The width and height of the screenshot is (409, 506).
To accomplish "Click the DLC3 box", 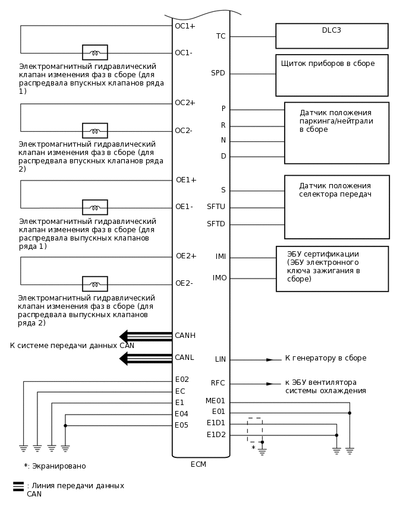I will click(x=332, y=36).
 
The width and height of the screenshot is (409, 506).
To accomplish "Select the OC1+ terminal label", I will click(x=185, y=26).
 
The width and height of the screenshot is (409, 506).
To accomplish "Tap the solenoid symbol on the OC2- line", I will click(x=95, y=131).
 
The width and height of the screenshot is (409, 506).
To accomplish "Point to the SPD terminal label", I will click(x=218, y=73).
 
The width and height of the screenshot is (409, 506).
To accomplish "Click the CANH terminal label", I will click(x=185, y=336).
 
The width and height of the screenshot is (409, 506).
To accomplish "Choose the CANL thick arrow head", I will click(x=124, y=358).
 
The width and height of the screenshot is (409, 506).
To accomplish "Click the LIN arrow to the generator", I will click(x=270, y=359).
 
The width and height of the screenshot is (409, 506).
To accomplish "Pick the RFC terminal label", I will click(x=218, y=383).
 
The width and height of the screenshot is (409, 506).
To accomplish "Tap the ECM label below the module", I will click(x=199, y=464).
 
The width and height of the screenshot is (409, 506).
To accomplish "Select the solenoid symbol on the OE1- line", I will click(x=95, y=207).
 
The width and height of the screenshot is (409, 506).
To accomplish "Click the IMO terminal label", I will click(x=219, y=278).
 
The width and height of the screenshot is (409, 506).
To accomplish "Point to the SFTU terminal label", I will click(x=216, y=207).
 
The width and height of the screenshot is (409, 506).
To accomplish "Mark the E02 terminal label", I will click(x=182, y=379).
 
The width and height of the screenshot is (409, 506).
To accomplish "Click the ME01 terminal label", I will click(x=215, y=401).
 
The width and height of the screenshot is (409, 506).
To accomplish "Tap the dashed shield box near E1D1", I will click(x=255, y=429).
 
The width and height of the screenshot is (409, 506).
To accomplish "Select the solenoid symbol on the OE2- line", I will click(x=95, y=284).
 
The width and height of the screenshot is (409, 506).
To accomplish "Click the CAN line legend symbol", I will click(x=18, y=486).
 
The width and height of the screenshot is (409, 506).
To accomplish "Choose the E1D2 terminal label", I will click(x=216, y=435).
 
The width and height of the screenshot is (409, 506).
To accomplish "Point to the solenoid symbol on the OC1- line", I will click(x=95, y=52).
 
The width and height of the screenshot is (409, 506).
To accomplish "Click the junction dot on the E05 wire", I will click(x=65, y=425).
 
